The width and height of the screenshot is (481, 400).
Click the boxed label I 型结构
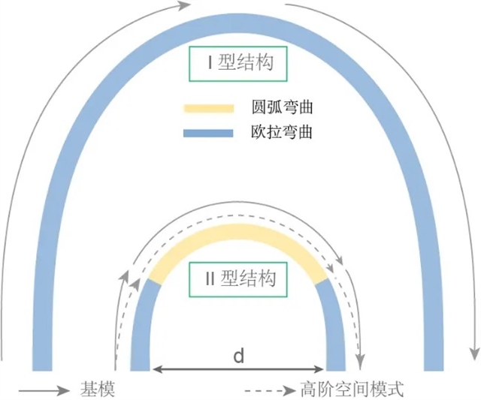coord(238,64)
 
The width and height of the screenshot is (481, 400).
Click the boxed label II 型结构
coord(238,279)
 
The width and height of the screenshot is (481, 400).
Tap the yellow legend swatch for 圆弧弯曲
coord(209,108)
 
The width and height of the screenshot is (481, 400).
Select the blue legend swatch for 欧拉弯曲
coord(208,133)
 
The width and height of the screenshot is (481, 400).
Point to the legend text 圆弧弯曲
coord(282,107)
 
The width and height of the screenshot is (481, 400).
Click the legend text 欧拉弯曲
coord(282,132)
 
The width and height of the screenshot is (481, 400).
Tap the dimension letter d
coord(239,356)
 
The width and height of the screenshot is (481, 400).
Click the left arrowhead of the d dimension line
coord(157,369)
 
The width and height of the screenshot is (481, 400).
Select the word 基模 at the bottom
coord(98,389)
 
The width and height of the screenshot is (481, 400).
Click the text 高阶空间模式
coord(352,389)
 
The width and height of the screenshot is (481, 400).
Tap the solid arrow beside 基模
coord(44,390)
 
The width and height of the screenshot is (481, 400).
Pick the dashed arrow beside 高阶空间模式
coord(271,390)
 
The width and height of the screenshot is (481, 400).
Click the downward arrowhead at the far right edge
coord(475,355)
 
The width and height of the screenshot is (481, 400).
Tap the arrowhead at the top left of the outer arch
coord(183,5)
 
